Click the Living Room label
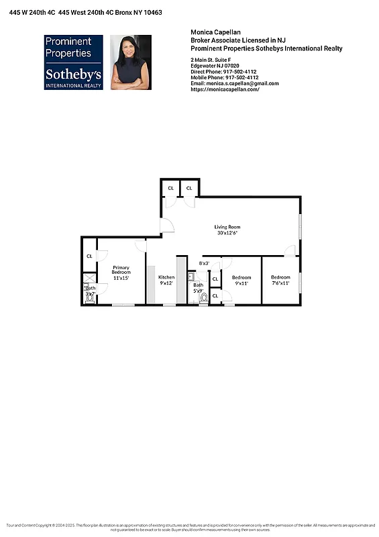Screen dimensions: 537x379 click(x=227, y=227)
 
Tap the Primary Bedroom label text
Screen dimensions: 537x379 click(x=121, y=270)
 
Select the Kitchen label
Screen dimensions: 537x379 click(x=166, y=277)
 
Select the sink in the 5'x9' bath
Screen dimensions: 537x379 click(x=191, y=275)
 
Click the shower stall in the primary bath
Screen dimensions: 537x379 click(x=89, y=278)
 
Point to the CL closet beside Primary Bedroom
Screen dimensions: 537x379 click(x=89, y=256)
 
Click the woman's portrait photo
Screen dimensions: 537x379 click(x=131, y=62)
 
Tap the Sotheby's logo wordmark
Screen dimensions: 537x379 click(x=73, y=74)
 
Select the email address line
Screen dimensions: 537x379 click(x=234, y=83)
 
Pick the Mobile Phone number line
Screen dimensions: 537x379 click(x=223, y=77)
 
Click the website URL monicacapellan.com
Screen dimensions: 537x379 click(x=225, y=89)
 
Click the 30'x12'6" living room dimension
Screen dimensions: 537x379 click(x=227, y=233)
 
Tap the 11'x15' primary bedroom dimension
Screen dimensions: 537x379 click(x=121, y=278)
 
